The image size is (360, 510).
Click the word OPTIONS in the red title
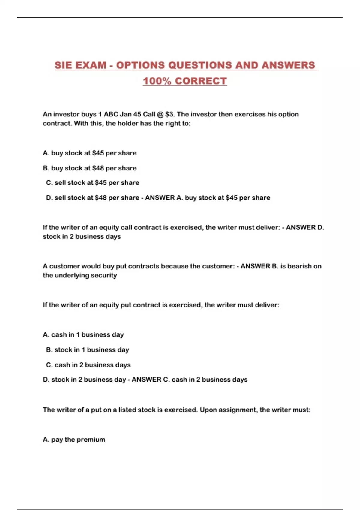(x=140, y=65)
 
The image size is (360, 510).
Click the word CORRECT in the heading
(x=201, y=81)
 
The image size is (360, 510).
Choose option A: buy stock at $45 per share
(x=90, y=153)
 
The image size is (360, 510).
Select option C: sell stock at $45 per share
(x=93, y=183)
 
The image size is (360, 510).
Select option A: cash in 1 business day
(x=83, y=335)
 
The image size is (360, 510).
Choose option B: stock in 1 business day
(x=88, y=350)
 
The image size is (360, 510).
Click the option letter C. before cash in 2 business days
(x=49, y=365)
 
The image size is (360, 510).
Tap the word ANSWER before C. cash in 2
(x=146, y=379)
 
